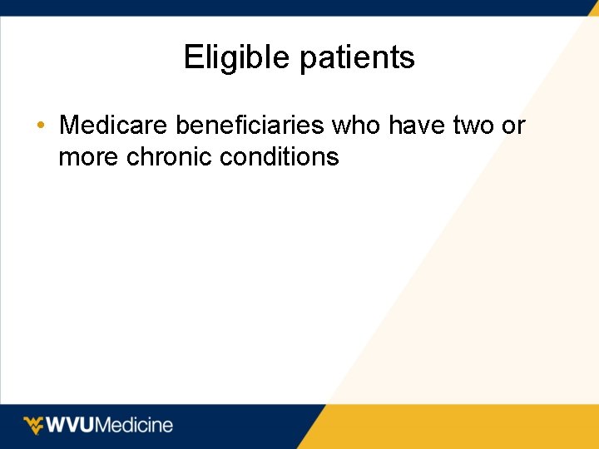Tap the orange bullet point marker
tap(41, 126)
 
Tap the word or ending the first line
tap(513, 126)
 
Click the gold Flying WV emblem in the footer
tap(32, 426)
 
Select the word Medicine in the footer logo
tap(136, 426)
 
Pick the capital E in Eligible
tap(192, 58)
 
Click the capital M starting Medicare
tap(70, 126)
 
